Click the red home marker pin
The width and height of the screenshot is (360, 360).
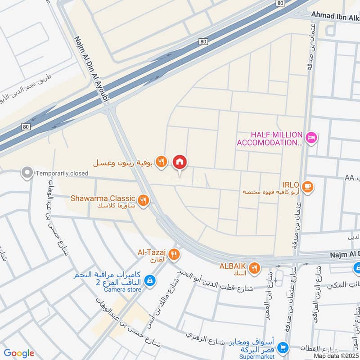(x=180, y=162)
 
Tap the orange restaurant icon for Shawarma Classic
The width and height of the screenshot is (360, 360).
(x=143, y=201)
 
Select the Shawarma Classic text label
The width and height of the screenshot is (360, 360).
(x=103, y=198)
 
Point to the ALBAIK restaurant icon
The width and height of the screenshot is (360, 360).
(x=255, y=268)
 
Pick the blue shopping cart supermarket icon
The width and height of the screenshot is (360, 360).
(x=283, y=347)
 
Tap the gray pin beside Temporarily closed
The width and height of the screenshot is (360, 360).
(x=27, y=172)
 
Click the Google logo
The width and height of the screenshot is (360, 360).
(x=19, y=353)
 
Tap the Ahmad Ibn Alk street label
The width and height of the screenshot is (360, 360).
(x=336, y=16)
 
